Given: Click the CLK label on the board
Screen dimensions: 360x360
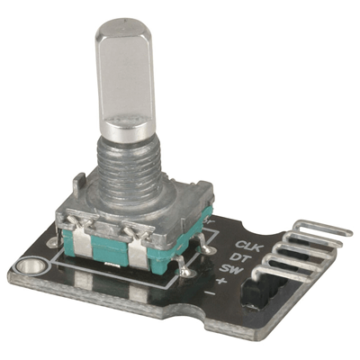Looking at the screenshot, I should tap(247, 245).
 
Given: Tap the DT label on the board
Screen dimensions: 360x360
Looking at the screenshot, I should tap(241, 257).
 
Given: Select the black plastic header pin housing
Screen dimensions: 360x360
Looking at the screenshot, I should tap(270, 288).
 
